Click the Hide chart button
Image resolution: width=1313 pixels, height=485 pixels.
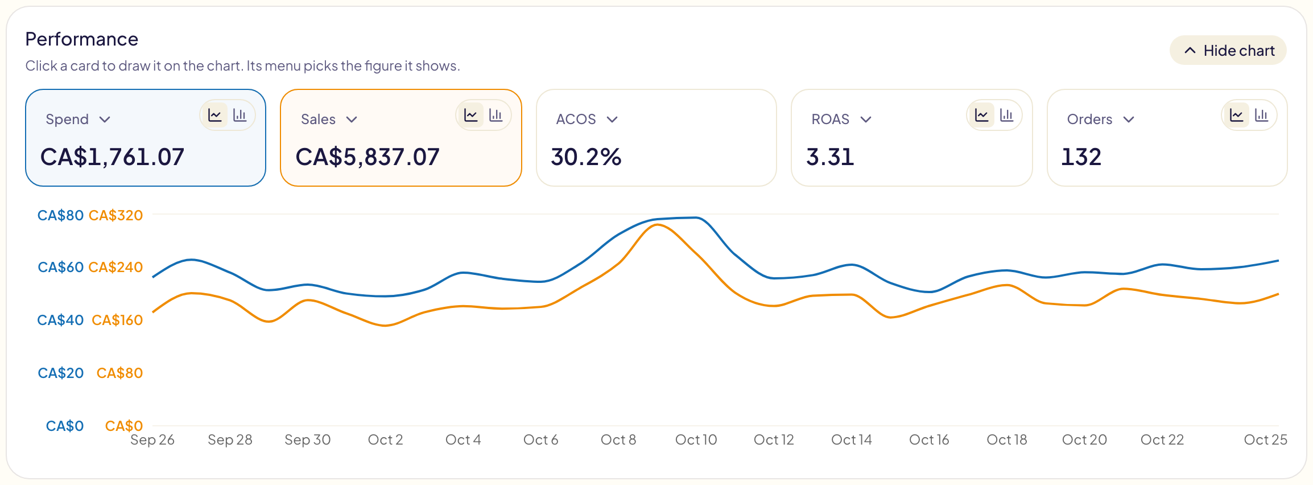pos(1228,51)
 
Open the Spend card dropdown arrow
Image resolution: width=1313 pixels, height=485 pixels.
pos(105,120)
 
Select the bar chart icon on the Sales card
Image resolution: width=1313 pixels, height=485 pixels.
pos(496,116)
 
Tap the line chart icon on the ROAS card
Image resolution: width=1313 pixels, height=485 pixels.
pos(982,116)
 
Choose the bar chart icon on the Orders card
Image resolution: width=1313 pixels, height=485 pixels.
pos(1262,116)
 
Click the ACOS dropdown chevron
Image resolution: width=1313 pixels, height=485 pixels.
pos(612,120)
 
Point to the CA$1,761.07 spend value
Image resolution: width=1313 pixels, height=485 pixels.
pos(113,157)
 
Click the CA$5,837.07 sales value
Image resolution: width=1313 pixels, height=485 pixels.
pos(368,157)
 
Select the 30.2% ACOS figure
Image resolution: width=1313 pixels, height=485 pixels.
pos(586,157)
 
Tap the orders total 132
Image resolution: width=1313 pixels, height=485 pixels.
pos(1081,157)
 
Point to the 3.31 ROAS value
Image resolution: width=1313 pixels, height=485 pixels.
pos(830,157)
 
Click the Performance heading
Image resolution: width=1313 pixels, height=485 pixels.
pos(82,39)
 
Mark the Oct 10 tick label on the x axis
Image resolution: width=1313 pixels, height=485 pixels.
pos(696,439)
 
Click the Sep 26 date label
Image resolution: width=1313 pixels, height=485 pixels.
pos(152,439)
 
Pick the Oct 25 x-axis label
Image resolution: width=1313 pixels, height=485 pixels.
pos(1265,439)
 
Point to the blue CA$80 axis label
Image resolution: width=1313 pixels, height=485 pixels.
pos(60,215)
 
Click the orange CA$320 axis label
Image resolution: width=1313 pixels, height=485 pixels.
pos(116,215)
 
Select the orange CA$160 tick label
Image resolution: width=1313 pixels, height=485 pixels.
pos(117,320)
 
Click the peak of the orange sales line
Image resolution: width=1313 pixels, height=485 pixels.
pos(658,225)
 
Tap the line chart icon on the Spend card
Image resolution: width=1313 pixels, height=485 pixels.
pos(215,116)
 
